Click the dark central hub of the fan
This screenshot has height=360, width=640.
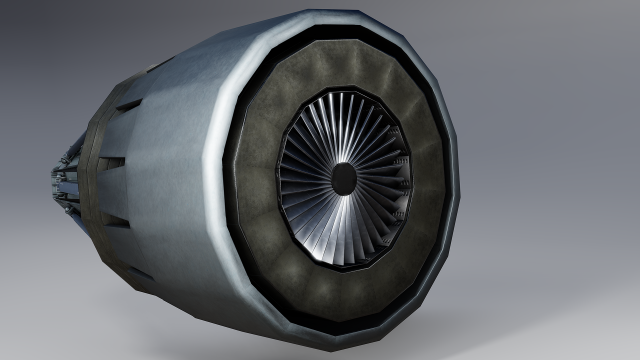point(343,179)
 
